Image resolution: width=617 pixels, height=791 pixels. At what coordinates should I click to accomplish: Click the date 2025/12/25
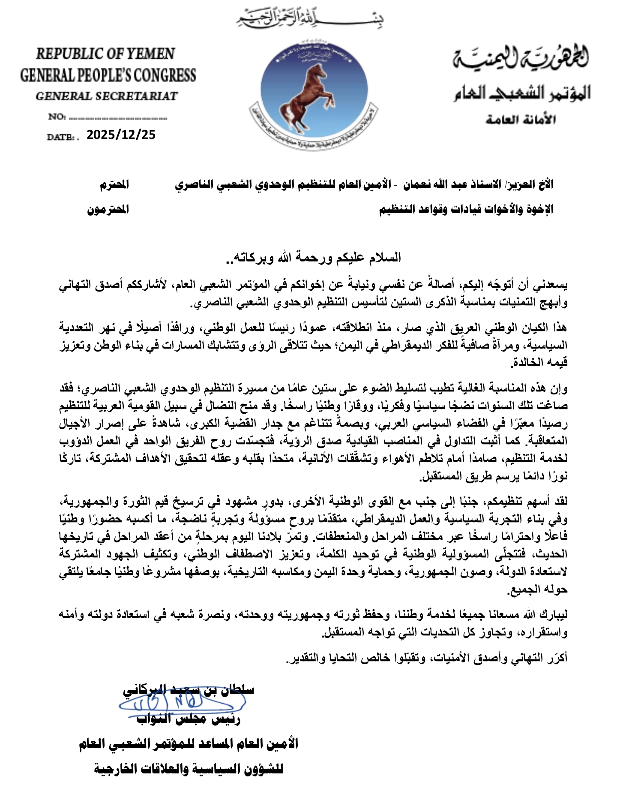tap(121, 135)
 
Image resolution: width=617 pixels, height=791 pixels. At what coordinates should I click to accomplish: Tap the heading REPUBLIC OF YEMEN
tap(105, 54)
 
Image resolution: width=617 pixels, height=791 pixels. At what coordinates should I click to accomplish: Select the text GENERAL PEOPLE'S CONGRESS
tap(108, 75)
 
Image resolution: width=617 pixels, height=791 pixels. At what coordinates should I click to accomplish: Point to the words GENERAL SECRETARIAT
tap(107, 96)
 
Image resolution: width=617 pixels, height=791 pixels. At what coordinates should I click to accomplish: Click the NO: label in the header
tap(56, 117)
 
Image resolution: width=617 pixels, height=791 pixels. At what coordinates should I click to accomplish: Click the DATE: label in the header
tap(62, 137)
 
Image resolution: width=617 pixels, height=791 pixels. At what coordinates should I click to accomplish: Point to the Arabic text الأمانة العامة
tap(520, 120)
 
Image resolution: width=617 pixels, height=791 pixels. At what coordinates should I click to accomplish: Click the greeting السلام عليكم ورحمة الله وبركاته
tap(313, 257)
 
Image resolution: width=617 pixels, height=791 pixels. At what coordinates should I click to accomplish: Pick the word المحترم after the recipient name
tap(114, 185)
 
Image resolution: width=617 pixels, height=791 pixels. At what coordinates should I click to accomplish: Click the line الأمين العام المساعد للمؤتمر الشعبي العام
tap(189, 744)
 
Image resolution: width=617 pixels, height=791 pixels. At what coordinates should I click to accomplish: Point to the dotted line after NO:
tap(118, 117)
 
